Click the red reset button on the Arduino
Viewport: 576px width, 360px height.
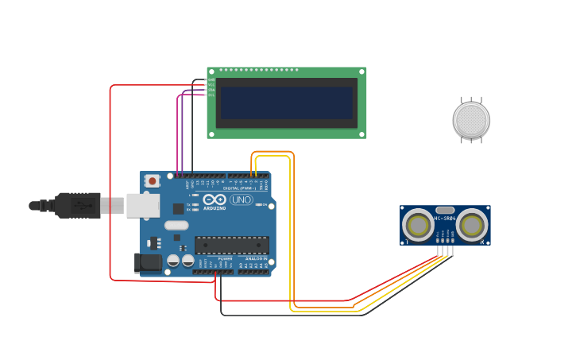point(152,181)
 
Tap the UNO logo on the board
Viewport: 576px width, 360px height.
point(242,199)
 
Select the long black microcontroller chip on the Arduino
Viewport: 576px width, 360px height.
point(232,245)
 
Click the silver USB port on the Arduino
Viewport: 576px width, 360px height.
point(142,205)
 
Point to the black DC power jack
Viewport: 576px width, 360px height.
point(148,262)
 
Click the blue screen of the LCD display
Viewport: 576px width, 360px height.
point(286,103)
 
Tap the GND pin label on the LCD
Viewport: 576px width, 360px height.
point(211,80)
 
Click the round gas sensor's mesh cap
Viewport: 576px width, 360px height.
point(471,120)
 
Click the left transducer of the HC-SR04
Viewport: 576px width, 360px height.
point(418,225)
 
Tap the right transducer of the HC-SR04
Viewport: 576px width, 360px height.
point(472,225)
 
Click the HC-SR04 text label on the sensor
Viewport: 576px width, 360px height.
point(445,218)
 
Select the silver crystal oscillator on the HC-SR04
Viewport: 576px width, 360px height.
point(445,210)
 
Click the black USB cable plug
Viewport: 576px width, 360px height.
point(78,205)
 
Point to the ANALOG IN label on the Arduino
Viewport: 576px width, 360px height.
point(256,259)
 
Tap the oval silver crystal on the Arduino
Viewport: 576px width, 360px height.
point(176,225)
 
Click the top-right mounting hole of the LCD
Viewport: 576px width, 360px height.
point(361,72)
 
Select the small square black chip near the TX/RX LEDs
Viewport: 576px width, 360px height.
point(178,208)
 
